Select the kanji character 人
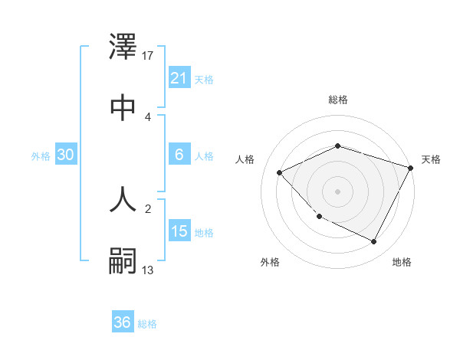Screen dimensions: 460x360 [123, 198]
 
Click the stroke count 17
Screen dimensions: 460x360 [149, 56]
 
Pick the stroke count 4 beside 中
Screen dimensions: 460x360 [148, 116]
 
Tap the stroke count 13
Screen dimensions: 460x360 [149, 270]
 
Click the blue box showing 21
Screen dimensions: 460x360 [179, 78]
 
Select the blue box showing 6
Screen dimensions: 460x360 [179, 155]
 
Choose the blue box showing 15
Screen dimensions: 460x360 [179, 231]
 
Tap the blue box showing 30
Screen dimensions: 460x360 [66, 155]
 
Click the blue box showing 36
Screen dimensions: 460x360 [123, 322]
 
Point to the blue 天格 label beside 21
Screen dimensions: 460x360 [204, 79]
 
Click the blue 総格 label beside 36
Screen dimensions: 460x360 [147, 324]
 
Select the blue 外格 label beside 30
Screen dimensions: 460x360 [41, 155]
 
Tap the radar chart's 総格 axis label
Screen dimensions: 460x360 [338, 100]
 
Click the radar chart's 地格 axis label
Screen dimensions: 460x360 [402, 262]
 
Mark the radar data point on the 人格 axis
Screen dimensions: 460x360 [280, 172]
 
